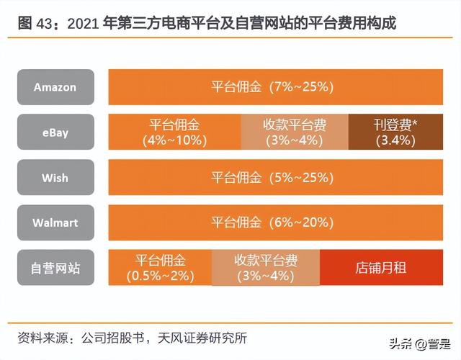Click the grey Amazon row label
[55, 87]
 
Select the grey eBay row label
[55, 132]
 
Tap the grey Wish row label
[55, 177]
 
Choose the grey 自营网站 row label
[55, 268]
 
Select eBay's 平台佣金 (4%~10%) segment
[174, 132]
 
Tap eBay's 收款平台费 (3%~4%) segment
[294, 132]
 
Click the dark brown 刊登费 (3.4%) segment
[395, 132]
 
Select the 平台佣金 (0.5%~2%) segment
[160, 268]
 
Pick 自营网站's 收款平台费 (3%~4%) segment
[266, 268]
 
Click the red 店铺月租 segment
[381, 268]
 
